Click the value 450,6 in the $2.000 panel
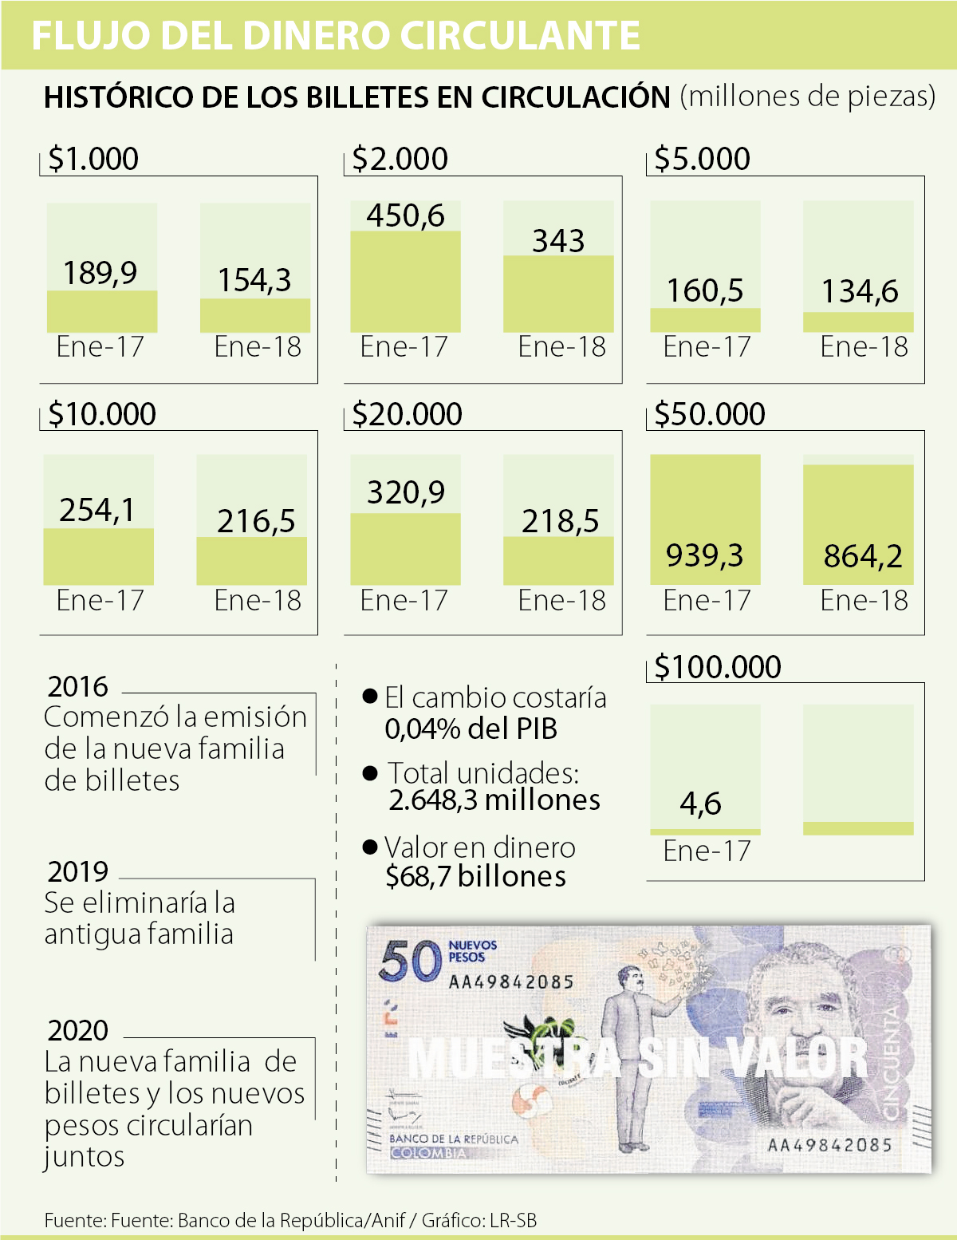[405, 215]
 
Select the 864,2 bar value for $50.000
[863, 555]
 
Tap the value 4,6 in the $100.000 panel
[700, 803]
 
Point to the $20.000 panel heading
[407, 414]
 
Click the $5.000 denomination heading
[702, 159]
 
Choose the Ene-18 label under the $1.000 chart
[258, 347]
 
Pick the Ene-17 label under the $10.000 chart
[100, 601]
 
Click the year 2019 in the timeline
[77, 871]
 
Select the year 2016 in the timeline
[77, 686]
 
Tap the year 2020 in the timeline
[77, 1030]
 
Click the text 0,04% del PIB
[471, 729]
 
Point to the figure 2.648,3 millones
[494, 800]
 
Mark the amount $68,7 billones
[475, 876]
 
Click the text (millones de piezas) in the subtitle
[807, 96]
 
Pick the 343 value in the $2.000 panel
[558, 241]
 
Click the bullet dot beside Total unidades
[370, 773]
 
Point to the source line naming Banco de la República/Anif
[290, 1220]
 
